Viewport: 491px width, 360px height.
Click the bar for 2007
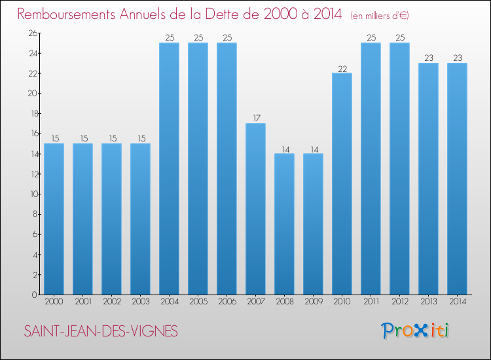pos(255,209)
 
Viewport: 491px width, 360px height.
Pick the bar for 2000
pos(54,219)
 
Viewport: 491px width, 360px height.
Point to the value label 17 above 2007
pos(255,118)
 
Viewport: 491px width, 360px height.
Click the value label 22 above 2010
pos(342,68)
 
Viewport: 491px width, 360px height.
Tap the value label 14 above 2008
pos(284,149)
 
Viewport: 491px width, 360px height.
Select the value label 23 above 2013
pos(428,58)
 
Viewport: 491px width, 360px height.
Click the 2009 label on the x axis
pos(313,302)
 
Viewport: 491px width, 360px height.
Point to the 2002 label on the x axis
pos(111,302)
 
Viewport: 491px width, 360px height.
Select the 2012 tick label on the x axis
pos(399,302)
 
